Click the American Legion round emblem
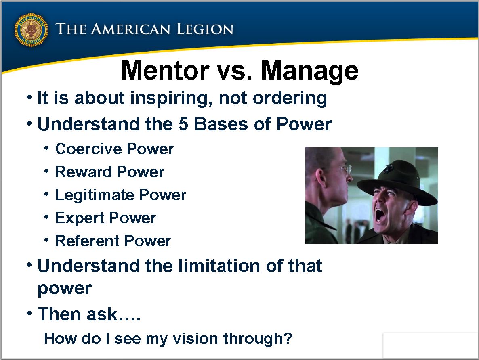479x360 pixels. (31, 29)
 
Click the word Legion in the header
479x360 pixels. (205, 29)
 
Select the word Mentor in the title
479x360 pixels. (165, 71)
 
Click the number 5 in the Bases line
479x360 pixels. (183, 124)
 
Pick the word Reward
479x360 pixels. (83, 172)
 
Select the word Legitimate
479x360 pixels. (95, 195)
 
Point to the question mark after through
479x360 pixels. (288, 338)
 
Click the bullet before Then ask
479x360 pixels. (29, 313)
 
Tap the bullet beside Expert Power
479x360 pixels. (46, 217)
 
